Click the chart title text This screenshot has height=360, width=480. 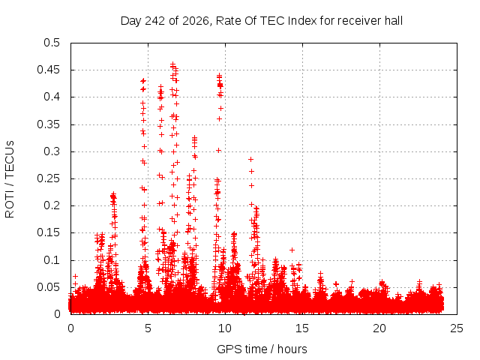pyautogui.click(x=262, y=21)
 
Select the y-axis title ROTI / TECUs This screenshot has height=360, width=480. pyautogui.click(x=10, y=179)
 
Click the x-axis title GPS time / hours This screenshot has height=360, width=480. pyautogui.click(x=262, y=349)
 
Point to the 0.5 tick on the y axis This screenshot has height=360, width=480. pyautogui.click(x=52, y=43)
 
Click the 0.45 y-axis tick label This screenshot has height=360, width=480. pyautogui.click(x=48, y=70)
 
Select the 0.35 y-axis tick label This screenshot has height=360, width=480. pyautogui.click(x=48, y=124)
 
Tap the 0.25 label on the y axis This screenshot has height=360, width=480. pyautogui.click(x=48, y=178)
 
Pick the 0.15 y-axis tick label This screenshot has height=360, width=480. pyautogui.click(x=48, y=232)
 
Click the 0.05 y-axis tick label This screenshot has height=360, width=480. pyautogui.click(x=48, y=287)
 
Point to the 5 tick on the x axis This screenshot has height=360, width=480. pyautogui.click(x=148, y=328)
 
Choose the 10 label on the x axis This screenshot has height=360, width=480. pyautogui.click(x=225, y=328)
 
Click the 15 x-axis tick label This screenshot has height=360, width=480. pyautogui.click(x=302, y=328)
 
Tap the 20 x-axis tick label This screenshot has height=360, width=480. pyautogui.click(x=379, y=328)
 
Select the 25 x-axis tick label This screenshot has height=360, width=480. pyautogui.click(x=457, y=328)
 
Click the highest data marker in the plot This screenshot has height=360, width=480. pyautogui.click(x=173, y=64)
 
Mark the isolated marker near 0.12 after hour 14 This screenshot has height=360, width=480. pyautogui.click(x=292, y=250)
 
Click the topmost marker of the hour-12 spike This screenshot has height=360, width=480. pyautogui.click(x=250, y=159)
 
